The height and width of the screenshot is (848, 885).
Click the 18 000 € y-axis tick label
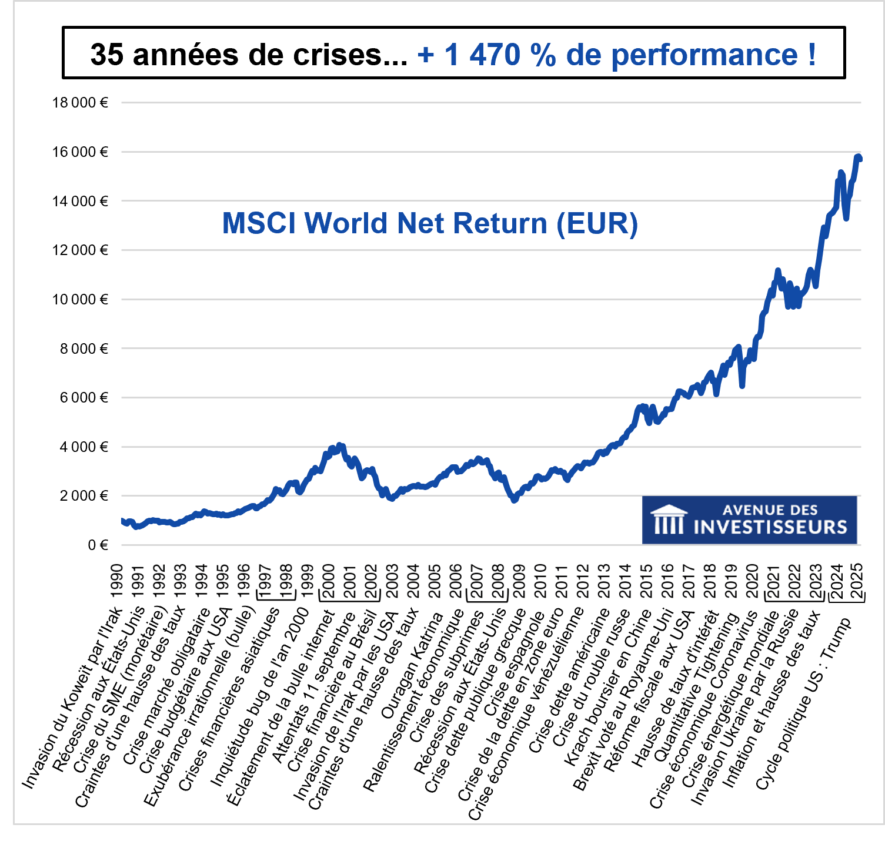click(x=80, y=103)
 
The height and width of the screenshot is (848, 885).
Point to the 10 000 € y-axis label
click(x=80, y=300)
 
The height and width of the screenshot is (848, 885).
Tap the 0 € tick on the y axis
click(x=98, y=545)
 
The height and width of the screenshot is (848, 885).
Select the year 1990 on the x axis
click(x=116, y=580)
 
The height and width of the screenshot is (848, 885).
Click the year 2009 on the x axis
click(x=519, y=580)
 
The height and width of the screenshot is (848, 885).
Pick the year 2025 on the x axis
click(x=857, y=580)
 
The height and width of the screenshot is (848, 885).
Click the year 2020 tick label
click(x=752, y=580)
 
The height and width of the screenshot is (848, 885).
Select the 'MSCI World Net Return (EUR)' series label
click(x=430, y=223)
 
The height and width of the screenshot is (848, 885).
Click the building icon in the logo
click(x=669, y=519)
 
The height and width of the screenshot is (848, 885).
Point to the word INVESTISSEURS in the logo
click(x=770, y=527)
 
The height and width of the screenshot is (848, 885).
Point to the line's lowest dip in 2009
click(x=515, y=500)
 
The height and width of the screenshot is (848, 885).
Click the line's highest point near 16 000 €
click(x=859, y=156)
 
